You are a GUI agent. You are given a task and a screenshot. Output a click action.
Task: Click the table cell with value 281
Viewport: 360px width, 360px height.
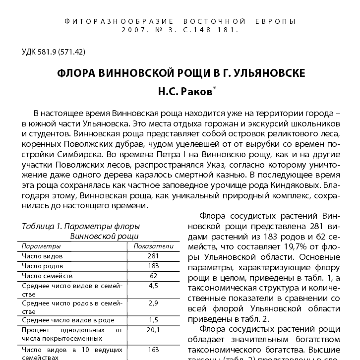point(153,256)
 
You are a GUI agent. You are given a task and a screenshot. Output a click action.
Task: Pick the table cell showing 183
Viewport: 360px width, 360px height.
point(153,266)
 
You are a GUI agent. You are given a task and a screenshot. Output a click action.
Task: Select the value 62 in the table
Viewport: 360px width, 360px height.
point(153,276)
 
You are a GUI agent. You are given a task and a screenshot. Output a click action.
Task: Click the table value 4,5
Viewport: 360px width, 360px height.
point(153,286)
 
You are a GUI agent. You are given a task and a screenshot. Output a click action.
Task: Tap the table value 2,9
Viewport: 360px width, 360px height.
point(153,302)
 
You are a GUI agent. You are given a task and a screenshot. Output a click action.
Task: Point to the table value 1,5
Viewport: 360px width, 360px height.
point(153,320)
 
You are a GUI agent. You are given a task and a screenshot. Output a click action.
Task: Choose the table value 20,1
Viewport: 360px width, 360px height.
point(153,330)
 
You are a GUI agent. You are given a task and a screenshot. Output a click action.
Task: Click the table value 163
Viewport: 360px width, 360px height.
point(153,349)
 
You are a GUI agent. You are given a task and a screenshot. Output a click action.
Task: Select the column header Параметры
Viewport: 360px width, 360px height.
point(41,246)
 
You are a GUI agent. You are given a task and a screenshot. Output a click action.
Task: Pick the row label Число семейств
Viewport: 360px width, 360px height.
point(47,276)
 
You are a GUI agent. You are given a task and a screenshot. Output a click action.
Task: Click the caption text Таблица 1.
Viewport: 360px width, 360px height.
point(39,226)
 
